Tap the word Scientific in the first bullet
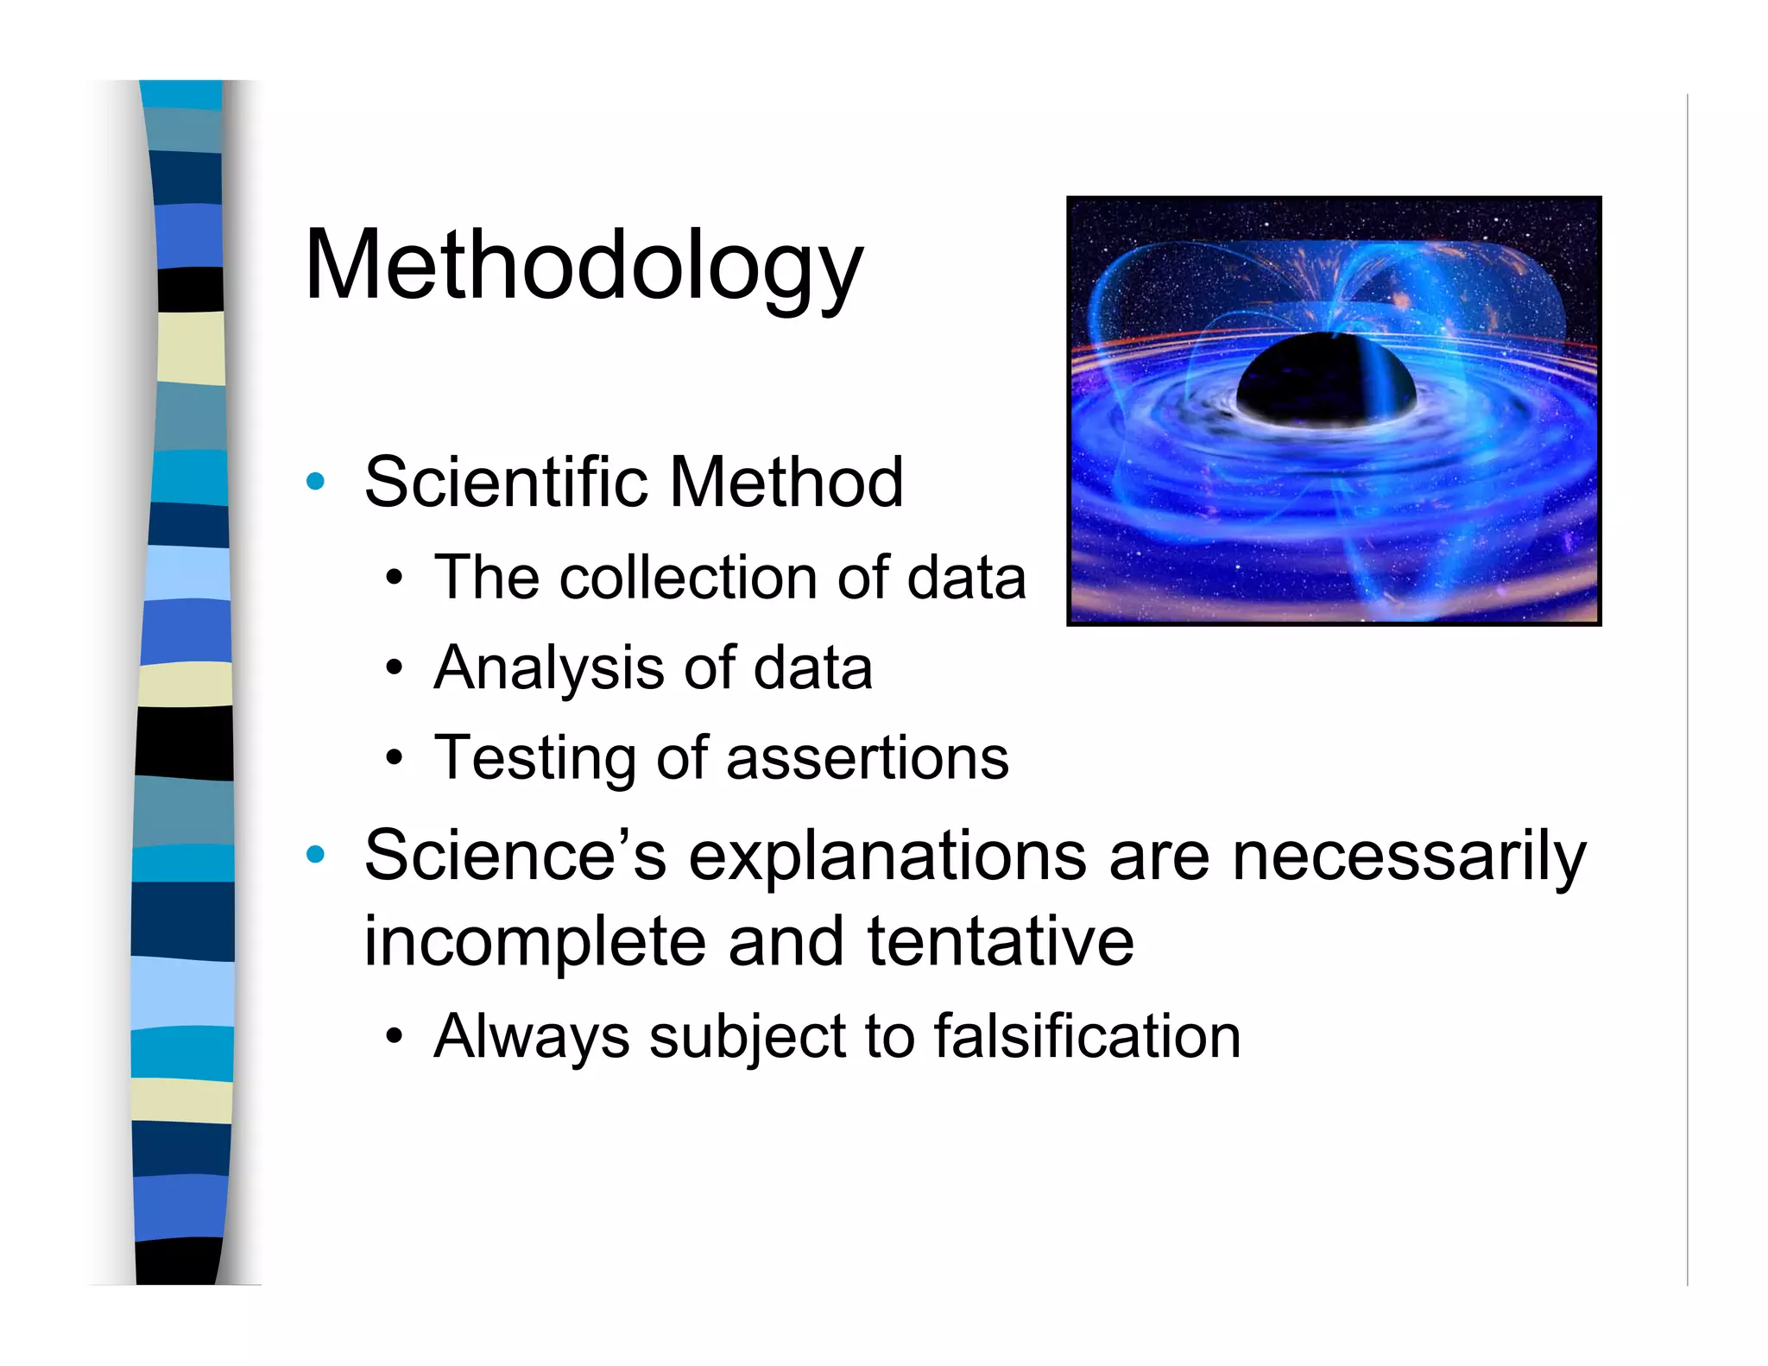505,482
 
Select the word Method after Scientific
786,482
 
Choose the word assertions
868,758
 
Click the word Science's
515,856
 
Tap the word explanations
887,856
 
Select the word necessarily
1409,856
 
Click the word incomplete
534,941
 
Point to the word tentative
1001,941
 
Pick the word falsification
1087,1035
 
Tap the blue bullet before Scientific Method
316,482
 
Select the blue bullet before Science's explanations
316,855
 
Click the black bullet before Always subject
395,1036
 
